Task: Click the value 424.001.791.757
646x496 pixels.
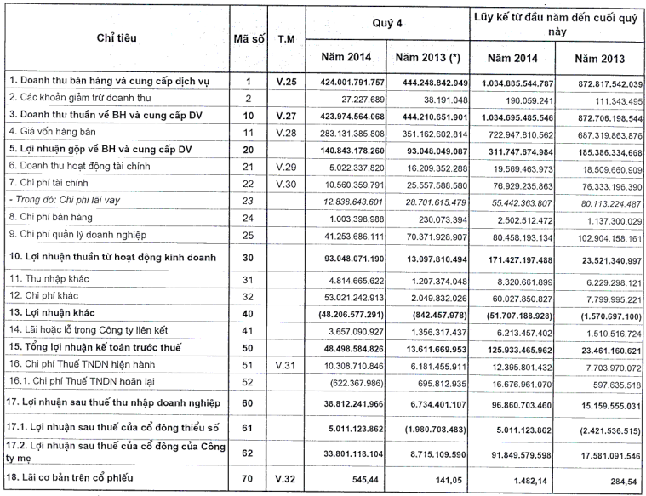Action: [342, 82]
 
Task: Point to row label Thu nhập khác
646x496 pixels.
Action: [44, 277]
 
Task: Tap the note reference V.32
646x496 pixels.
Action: [286, 477]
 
